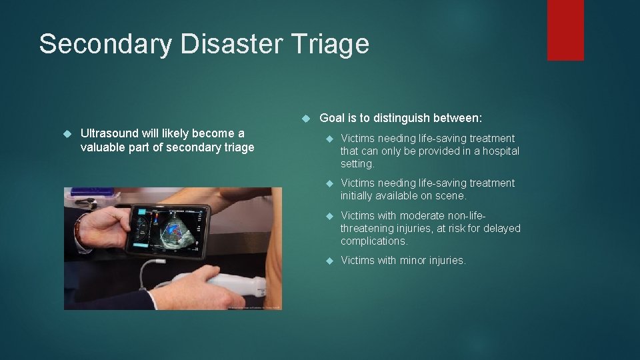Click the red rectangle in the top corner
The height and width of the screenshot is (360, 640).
pos(565,30)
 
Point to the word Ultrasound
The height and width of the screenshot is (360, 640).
pos(109,133)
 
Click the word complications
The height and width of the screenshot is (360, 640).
pos(373,241)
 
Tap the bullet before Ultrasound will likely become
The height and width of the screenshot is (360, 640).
pos(67,134)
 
